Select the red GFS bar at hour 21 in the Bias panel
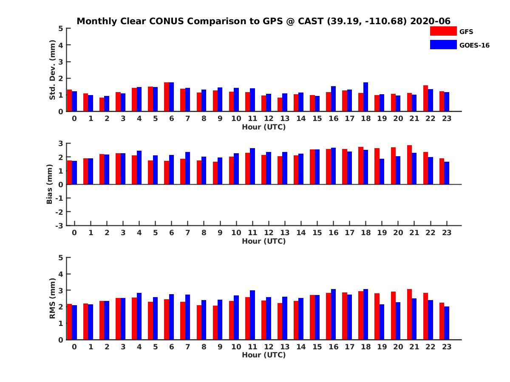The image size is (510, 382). click(409, 165)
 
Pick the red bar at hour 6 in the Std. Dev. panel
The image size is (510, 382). click(167, 97)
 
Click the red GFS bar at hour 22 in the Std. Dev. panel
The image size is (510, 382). click(425, 98)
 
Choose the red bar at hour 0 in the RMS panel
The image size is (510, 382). click(69, 322)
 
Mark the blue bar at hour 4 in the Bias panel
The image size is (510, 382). click(139, 168)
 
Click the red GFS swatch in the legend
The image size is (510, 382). click(443, 31)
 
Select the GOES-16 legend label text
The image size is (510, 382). click(474, 45)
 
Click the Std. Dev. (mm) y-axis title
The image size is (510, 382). click(52, 70)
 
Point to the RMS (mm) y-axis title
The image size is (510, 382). click(52, 298)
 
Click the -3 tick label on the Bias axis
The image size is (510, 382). click(59, 225)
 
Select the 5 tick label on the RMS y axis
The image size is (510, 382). click(61, 257)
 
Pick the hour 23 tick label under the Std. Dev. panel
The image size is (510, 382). click(446, 118)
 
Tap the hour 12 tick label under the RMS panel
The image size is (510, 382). click(269, 347)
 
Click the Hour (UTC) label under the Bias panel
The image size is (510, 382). click(263, 241)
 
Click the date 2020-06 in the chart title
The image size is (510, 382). click(430, 21)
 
